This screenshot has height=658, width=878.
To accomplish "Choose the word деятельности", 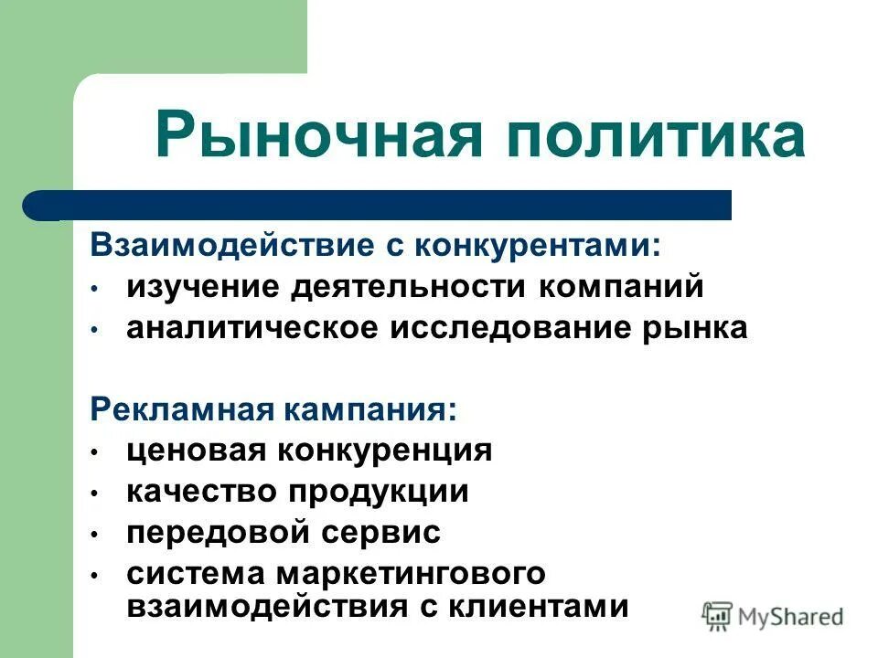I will tap(412, 287).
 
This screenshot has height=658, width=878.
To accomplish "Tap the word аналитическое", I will tap(252, 328).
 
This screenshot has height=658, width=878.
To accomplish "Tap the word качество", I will tap(202, 492).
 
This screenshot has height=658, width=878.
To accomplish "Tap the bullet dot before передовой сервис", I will tap(94, 534).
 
